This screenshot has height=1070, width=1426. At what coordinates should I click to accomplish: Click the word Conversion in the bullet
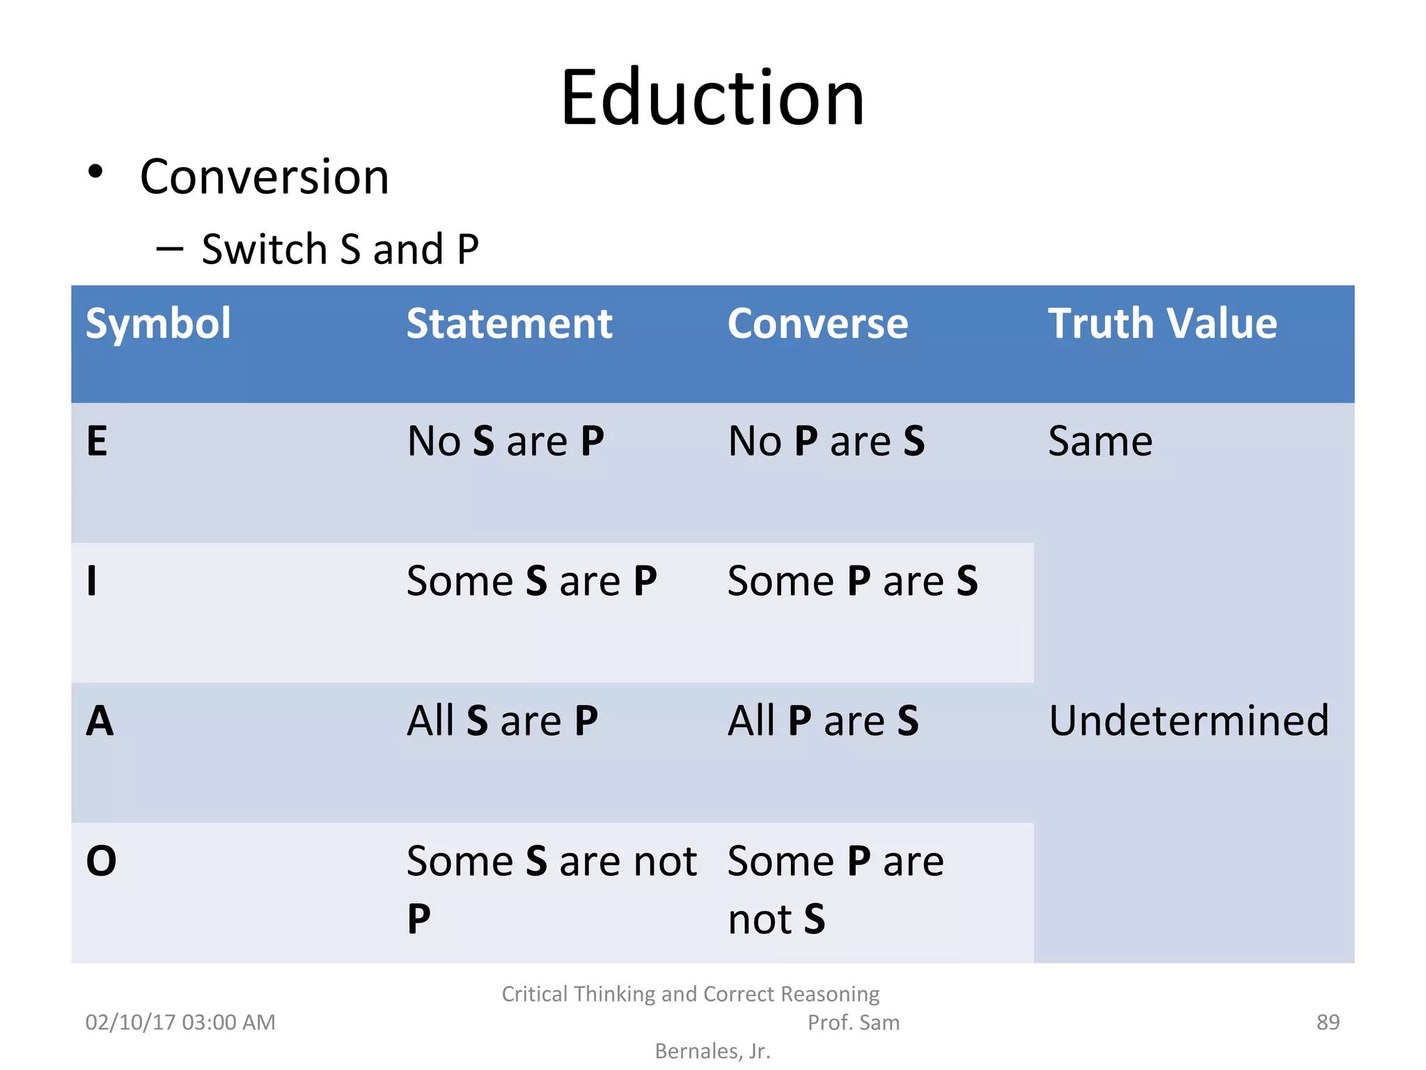[x=264, y=177]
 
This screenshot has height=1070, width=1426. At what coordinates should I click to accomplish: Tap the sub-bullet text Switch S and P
[x=340, y=249]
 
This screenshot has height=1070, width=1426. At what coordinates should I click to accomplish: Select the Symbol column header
[x=158, y=323]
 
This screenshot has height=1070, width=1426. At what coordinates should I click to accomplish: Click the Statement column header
[x=509, y=323]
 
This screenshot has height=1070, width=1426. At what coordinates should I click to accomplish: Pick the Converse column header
[x=817, y=323]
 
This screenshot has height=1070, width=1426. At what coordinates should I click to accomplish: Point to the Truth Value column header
[x=1162, y=323]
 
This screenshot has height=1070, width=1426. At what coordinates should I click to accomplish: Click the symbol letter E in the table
[x=97, y=441]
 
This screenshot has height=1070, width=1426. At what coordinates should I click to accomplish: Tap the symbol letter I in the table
[x=91, y=581]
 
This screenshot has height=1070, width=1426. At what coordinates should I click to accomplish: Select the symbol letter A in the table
[x=100, y=720]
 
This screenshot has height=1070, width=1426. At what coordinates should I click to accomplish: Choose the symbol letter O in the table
[x=101, y=861]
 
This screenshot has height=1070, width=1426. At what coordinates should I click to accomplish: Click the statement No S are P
[x=506, y=441]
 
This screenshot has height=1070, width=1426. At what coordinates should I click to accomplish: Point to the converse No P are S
[x=826, y=441]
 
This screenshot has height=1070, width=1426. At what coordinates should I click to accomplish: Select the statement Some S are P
[x=531, y=581]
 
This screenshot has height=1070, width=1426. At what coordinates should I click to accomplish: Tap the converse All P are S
[x=823, y=720]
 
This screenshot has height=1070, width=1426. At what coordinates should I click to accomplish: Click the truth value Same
[x=1100, y=441]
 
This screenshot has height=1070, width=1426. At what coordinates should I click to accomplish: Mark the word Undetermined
[x=1189, y=720]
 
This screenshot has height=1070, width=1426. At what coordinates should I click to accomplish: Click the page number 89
[x=1328, y=1022]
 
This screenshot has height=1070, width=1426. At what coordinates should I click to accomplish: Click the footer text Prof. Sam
[x=853, y=1022]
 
